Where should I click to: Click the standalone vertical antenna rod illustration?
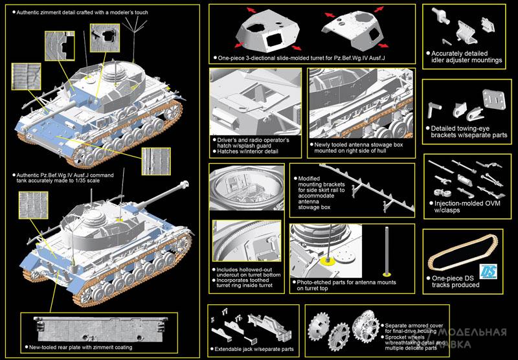[x=387, y=250]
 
